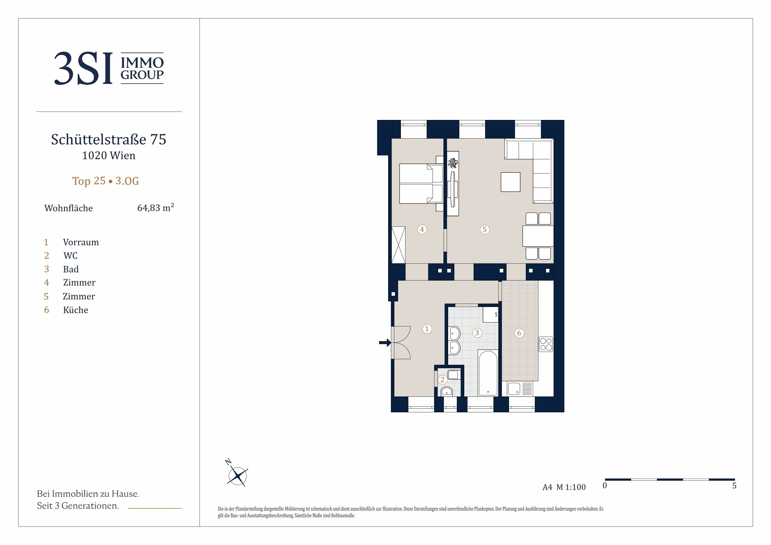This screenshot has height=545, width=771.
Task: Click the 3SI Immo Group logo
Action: pyautogui.click(x=109, y=68)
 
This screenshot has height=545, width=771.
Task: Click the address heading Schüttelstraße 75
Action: pyautogui.click(x=108, y=139)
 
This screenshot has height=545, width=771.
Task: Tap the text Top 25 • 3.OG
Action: pyautogui.click(x=105, y=181)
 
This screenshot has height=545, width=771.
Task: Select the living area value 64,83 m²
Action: pyautogui.click(x=155, y=208)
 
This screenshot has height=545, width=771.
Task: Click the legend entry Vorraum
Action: pyautogui.click(x=81, y=242)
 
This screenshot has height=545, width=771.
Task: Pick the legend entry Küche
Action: pyautogui.click(x=76, y=310)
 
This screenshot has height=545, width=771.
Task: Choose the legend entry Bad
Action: pyautogui.click(x=71, y=269)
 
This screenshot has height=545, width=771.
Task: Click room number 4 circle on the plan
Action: pyautogui.click(x=422, y=229)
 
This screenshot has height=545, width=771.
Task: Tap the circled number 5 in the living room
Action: pyautogui.click(x=484, y=229)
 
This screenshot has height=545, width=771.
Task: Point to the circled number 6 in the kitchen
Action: pyautogui.click(x=519, y=333)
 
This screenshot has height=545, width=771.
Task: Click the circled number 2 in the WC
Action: pyautogui.click(x=443, y=380)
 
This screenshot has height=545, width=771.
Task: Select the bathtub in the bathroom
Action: pyautogui.click(x=488, y=374)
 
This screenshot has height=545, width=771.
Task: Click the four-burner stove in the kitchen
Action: pyautogui.click(x=546, y=344)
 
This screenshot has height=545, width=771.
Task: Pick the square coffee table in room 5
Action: pyautogui.click(x=510, y=182)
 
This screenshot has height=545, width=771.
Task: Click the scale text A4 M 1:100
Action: pyautogui.click(x=564, y=487)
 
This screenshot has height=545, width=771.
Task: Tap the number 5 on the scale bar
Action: pyautogui.click(x=734, y=486)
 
